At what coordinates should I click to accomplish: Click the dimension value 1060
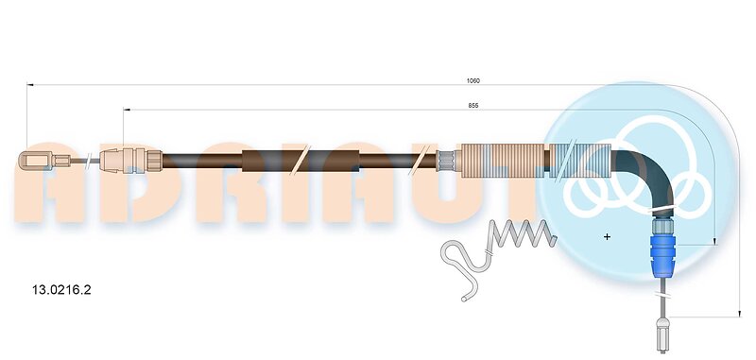click(x=473, y=81)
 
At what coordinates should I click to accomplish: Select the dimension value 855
click(x=473, y=106)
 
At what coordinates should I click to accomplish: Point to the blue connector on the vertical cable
click(x=663, y=255)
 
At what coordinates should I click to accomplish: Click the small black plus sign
click(x=607, y=236)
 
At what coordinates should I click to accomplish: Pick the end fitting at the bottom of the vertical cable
click(x=663, y=334)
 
